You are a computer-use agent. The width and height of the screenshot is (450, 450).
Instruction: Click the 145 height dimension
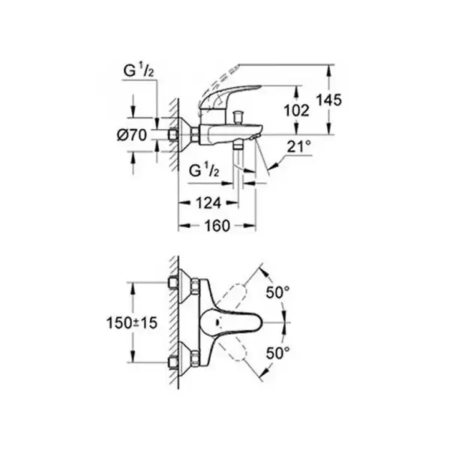tap(328, 100)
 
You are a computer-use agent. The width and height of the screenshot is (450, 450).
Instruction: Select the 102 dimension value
tap(296, 110)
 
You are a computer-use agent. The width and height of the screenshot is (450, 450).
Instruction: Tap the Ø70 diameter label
tap(132, 135)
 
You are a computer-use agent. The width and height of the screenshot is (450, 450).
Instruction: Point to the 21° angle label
tap(298, 147)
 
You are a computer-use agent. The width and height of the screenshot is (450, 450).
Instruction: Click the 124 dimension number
tap(208, 203)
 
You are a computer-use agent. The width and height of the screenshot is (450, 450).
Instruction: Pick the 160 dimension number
tap(217, 226)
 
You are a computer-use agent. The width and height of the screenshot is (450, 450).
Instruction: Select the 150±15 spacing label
tap(132, 322)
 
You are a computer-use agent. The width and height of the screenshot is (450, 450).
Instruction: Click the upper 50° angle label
tap(277, 292)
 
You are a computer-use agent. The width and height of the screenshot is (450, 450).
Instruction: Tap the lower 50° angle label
tap(277, 352)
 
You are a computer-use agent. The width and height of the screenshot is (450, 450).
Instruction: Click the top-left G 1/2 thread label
tap(139, 70)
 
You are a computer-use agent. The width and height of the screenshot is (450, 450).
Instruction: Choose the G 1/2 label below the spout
tap(204, 170)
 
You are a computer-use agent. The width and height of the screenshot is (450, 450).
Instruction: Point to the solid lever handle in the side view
tap(226, 97)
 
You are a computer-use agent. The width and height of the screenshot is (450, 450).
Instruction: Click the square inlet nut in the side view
tap(173, 134)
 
